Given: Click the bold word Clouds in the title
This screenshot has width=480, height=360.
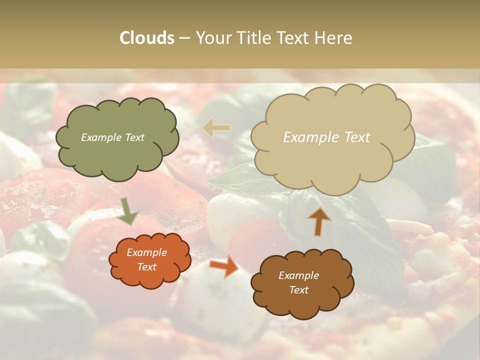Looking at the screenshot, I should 147,38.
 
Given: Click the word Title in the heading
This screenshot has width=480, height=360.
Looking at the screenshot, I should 249,38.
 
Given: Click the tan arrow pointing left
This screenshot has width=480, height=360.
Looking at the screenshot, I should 216,128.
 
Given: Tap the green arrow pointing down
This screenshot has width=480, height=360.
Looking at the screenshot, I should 127,211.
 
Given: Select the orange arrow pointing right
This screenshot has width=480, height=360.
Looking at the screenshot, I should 224,265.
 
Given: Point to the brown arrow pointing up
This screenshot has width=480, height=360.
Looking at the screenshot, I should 319,221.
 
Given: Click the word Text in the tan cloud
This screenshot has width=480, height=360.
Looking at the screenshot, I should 357,137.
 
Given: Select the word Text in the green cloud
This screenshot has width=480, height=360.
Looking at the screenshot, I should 134,137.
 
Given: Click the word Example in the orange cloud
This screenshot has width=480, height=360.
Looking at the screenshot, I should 147,252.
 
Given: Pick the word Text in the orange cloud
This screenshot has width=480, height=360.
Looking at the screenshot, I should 147,267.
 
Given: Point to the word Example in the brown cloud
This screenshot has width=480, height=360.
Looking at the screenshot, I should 298,275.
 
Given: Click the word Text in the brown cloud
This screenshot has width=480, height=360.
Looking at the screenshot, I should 298,290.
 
